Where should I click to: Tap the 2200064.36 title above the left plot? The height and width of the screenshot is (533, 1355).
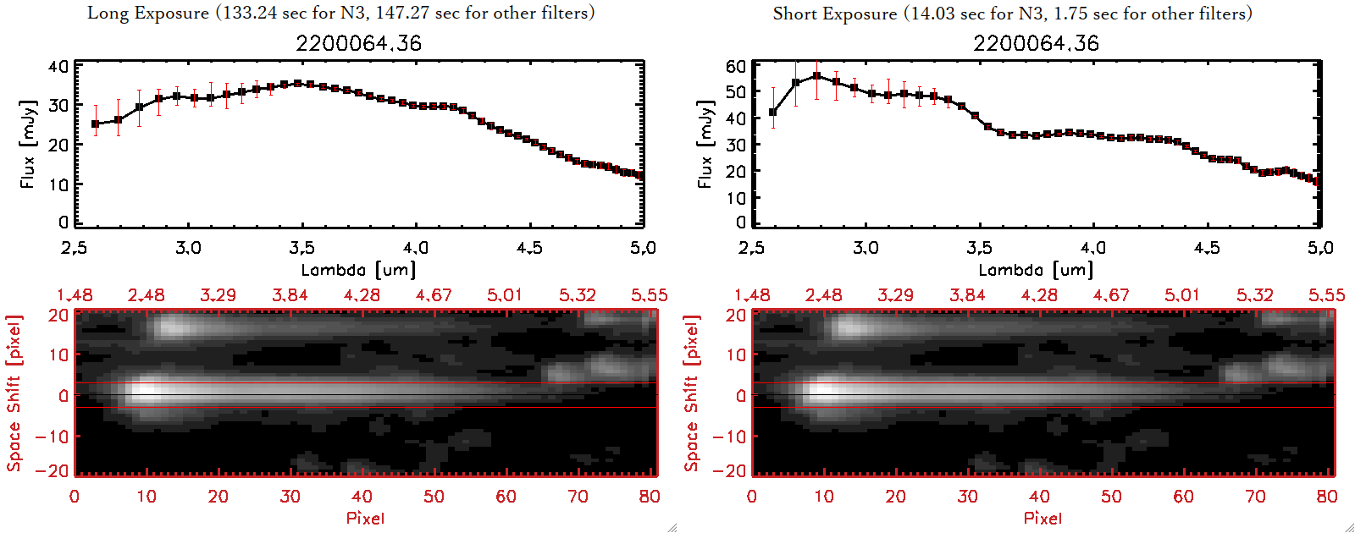pyautogui.click(x=358, y=43)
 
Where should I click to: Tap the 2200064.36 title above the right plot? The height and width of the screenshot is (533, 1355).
pyautogui.click(x=1036, y=43)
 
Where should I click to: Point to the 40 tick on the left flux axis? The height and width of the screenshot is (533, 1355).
pyautogui.click(x=58, y=67)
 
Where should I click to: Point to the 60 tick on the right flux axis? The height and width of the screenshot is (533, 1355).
pyautogui.click(x=736, y=66)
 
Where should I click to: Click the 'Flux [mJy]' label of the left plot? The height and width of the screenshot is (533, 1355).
pyautogui.click(x=28, y=145)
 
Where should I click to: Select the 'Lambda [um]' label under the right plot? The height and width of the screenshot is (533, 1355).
pyautogui.click(x=1036, y=270)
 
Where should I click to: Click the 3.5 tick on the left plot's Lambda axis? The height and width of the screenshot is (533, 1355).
pyautogui.click(x=301, y=248)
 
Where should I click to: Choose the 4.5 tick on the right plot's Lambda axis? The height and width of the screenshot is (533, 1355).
pyautogui.click(x=1207, y=248)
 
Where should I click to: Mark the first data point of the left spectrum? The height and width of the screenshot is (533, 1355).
pyautogui.click(x=96, y=124)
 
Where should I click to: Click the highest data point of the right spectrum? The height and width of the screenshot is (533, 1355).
pyautogui.click(x=816, y=76)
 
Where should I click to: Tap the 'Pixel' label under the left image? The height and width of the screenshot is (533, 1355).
pyautogui.click(x=365, y=518)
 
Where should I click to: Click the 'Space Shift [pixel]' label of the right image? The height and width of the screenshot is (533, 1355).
pyautogui.click(x=692, y=393)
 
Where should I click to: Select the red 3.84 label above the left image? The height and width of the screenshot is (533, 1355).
pyautogui.click(x=290, y=295)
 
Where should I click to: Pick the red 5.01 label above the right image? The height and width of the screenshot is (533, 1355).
pyautogui.click(x=1182, y=295)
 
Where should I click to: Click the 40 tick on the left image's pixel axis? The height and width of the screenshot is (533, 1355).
pyautogui.click(x=362, y=497)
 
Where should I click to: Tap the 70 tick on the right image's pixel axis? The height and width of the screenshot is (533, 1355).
pyautogui.click(x=1255, y=497)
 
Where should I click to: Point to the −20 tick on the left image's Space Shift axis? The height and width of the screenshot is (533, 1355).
pyautogui.click(x=53, y=470)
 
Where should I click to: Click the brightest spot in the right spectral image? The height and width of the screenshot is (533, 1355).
pyautogui.click(x=820, y=392)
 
